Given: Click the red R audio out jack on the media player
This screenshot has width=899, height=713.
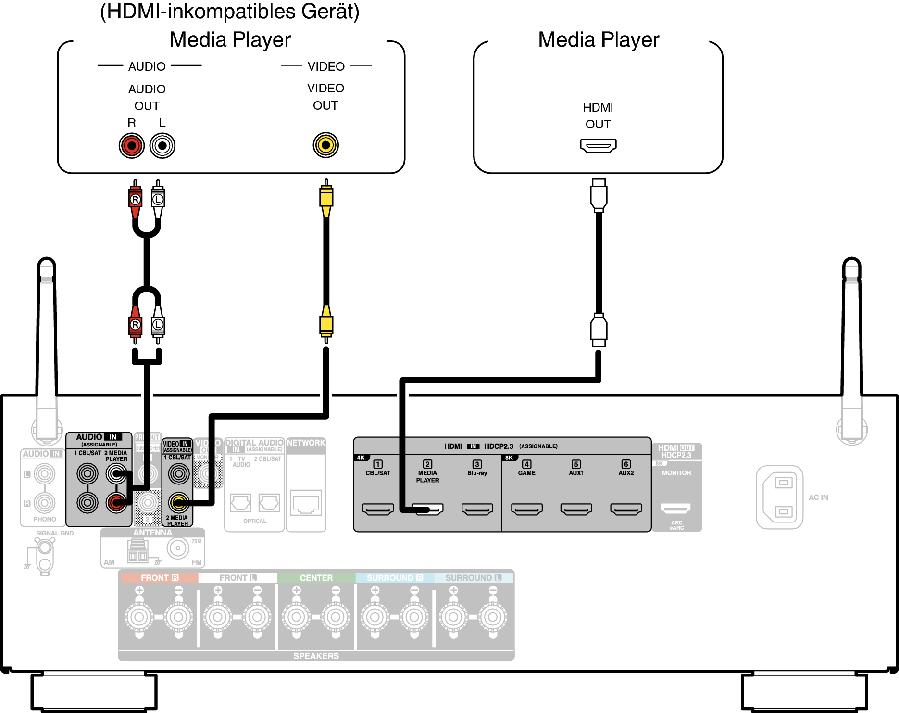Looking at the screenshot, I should [x=132, y=145].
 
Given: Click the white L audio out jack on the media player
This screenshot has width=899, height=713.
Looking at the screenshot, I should [x=162, y=145].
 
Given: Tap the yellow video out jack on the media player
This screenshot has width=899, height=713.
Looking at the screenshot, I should [x=326, y=145].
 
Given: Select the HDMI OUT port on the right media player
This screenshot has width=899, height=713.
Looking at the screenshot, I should [x=598, y=145].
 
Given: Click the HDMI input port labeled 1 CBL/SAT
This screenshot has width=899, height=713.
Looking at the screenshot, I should [x=378, y=509].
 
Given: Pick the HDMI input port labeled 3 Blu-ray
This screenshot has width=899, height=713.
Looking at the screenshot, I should [x=477, y=509].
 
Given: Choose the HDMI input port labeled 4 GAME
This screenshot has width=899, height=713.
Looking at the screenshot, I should [x=527, y=509].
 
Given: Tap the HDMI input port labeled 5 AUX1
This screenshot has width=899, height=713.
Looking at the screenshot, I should [x=576, y=509].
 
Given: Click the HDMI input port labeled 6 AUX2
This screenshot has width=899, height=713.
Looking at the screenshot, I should [x=626, y=509].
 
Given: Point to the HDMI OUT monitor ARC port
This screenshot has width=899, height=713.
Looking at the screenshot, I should [x=675, y=508].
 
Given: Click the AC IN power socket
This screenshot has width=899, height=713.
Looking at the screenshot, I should [x=780, y=497].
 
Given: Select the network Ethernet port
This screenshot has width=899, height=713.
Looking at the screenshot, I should [x=306, y=503].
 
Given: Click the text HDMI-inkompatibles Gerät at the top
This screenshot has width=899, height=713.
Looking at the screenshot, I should [x=230, y=12].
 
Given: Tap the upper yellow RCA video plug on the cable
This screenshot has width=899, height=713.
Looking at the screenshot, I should [x=326, y=197].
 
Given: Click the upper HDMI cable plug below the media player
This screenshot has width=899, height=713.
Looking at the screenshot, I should [x=599, y=195].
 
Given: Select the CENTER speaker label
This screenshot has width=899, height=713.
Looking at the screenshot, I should [x=316, y=578].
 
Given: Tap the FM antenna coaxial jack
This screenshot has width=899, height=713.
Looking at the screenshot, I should [x=178, y=548].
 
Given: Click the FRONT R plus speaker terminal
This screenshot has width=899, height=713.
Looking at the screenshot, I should [x=139, y=616].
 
